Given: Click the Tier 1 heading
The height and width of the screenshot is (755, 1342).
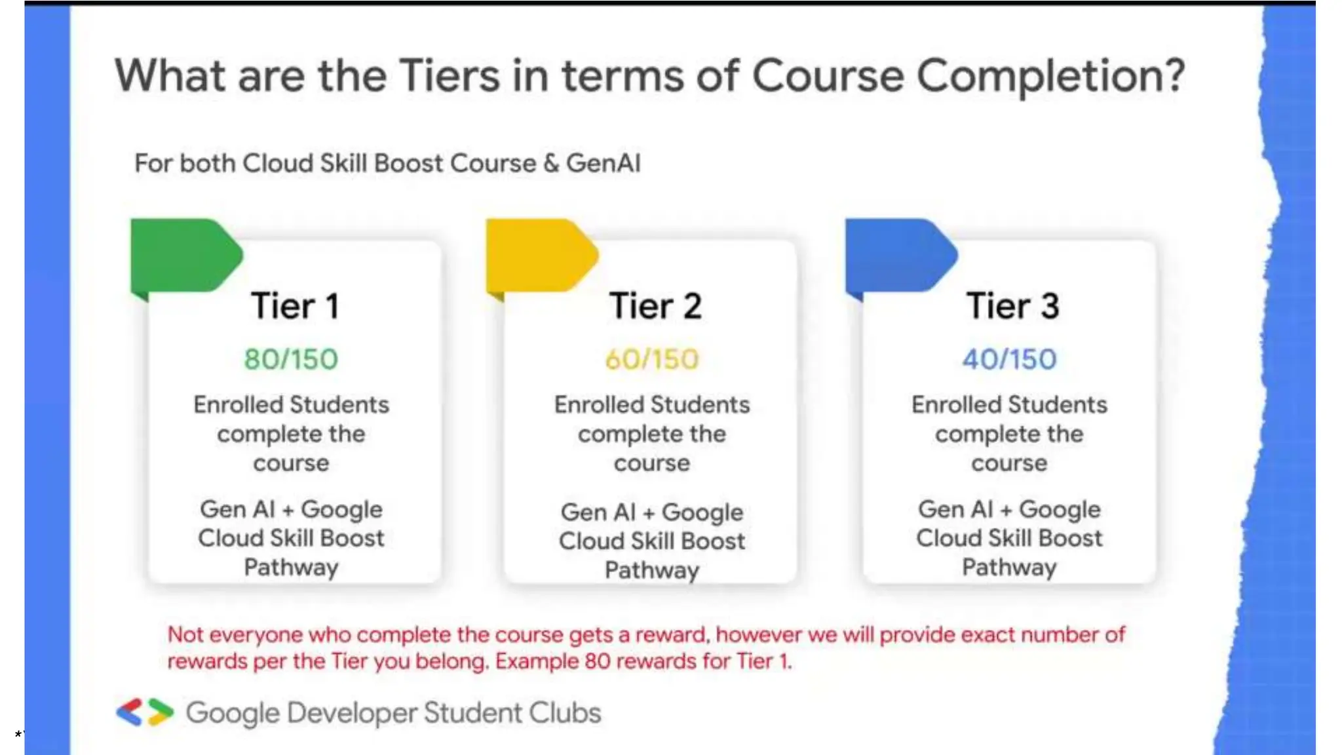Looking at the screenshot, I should [295, 306].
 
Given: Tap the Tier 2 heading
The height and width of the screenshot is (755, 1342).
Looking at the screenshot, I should [655, 306].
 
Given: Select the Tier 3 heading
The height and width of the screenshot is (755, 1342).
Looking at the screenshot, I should [1012, 306].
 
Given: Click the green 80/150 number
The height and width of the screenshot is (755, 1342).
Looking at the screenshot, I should [291, 359].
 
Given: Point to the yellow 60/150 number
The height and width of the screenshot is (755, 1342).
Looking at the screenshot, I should [652, 359].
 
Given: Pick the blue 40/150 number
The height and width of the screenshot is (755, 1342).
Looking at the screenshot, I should [1009, 359].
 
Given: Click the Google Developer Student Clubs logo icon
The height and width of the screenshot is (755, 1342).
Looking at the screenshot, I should [145, 712].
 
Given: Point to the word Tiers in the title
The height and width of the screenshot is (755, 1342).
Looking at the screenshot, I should [450, 76].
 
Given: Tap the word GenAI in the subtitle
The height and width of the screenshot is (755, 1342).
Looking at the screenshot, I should [603, 163].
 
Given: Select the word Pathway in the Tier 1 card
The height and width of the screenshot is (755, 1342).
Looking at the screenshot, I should [291, 567].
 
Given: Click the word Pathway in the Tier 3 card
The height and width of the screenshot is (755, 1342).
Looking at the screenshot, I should [1009, 567].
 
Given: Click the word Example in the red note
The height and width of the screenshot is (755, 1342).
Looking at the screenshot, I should [537, 661].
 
